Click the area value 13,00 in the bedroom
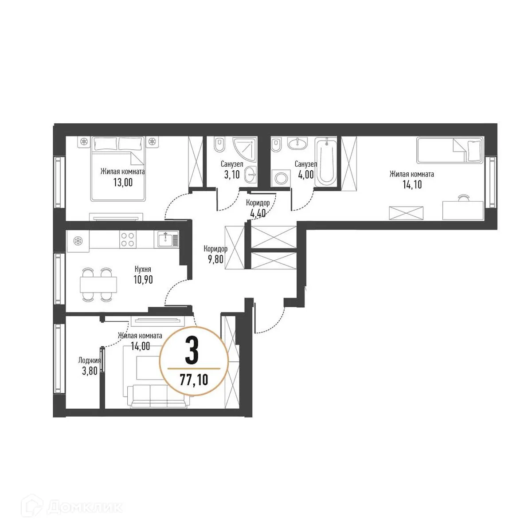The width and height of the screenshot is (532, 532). (122, 182)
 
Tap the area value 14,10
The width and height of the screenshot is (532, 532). (412, 185)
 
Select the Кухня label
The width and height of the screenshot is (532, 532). (143, 269)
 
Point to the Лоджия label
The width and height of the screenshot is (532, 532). (89, 360)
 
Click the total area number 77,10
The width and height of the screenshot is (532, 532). (194, 379)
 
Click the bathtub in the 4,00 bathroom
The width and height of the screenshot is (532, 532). (326, 161)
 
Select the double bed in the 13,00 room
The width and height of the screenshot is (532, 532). (118, 168)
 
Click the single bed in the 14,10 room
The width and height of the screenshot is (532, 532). (449, 150)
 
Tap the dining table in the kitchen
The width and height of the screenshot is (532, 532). (98, 284)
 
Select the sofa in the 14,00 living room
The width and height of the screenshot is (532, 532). (158, 395)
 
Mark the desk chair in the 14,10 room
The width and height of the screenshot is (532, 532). (464, 198)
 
